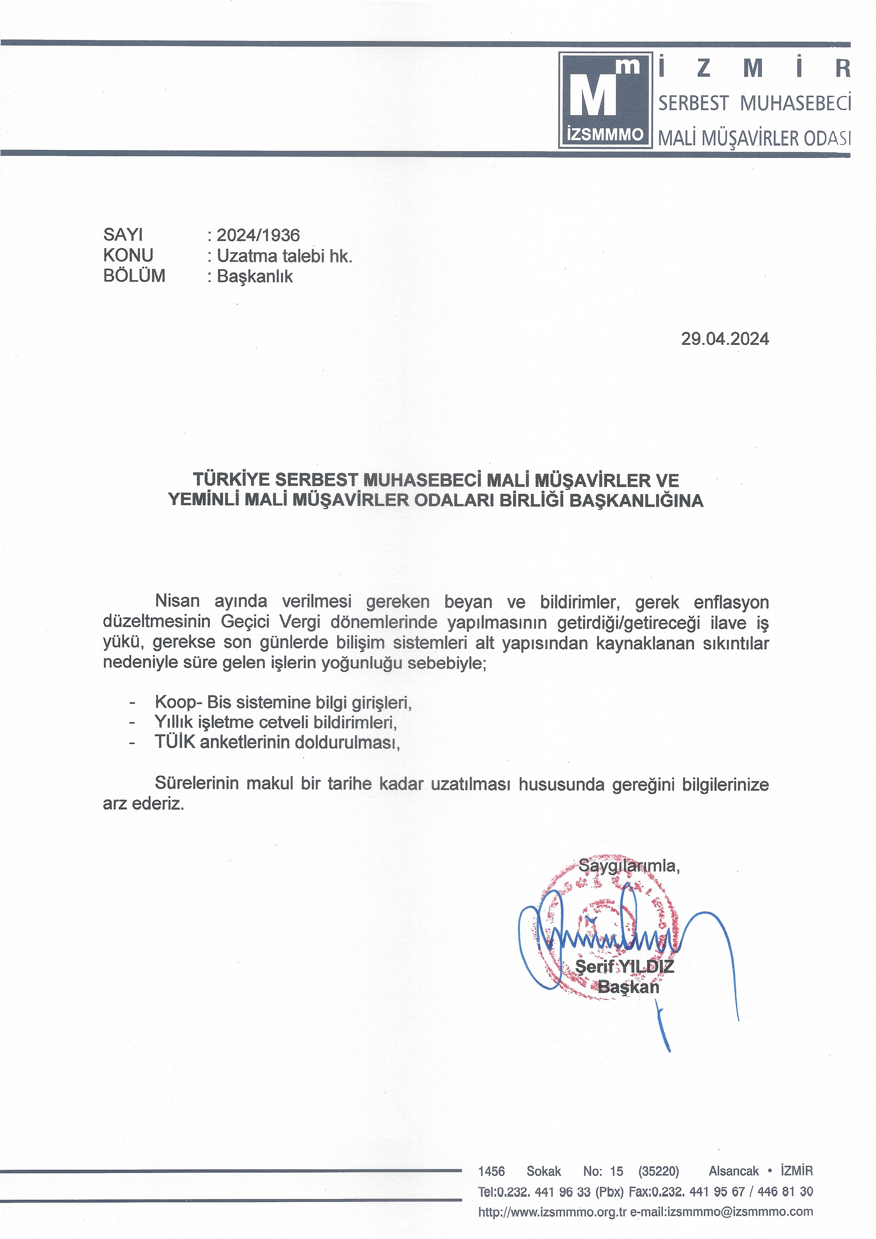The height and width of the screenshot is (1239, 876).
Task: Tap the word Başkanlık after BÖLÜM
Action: (x=255, y=276)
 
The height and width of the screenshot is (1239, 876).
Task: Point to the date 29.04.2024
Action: (x=724, y=339)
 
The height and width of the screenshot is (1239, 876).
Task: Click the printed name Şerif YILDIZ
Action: (x=624, y=967)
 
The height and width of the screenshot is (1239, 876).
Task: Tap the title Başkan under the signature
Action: (x=628, y=987)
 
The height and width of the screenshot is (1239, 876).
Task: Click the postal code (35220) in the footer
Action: (x=658, y=1171)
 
